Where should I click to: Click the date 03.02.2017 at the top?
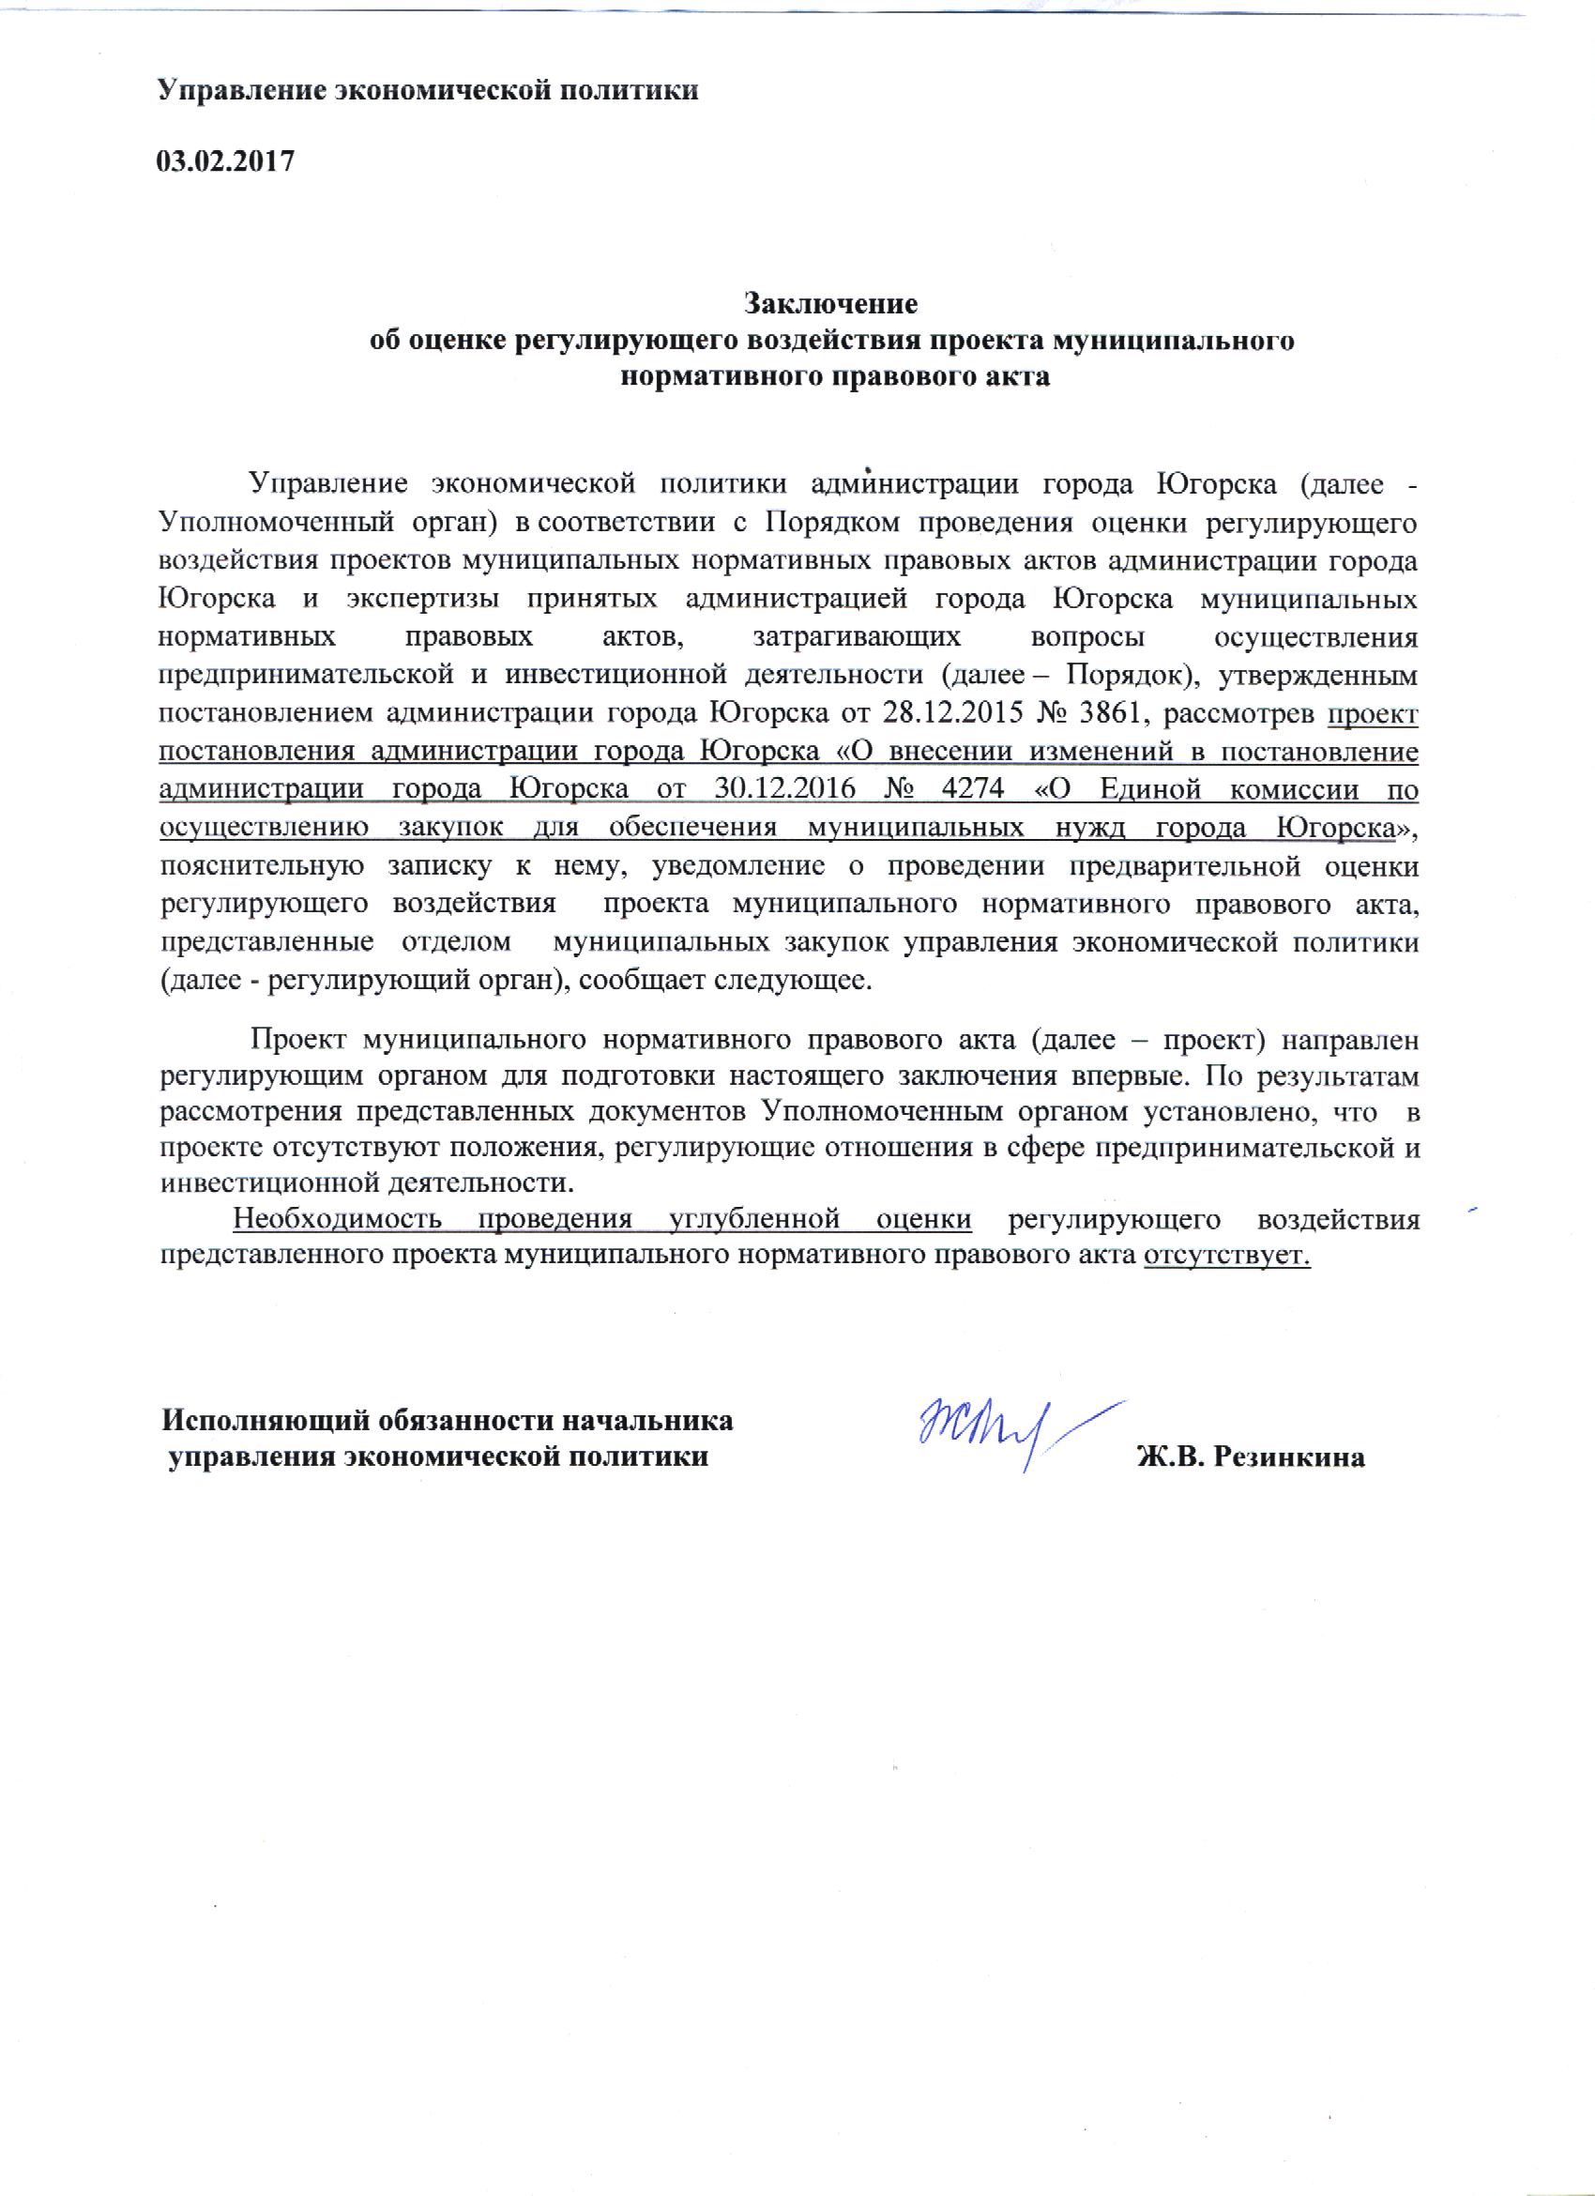224,161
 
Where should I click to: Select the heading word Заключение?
829,303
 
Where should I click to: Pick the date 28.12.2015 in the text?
947,713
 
